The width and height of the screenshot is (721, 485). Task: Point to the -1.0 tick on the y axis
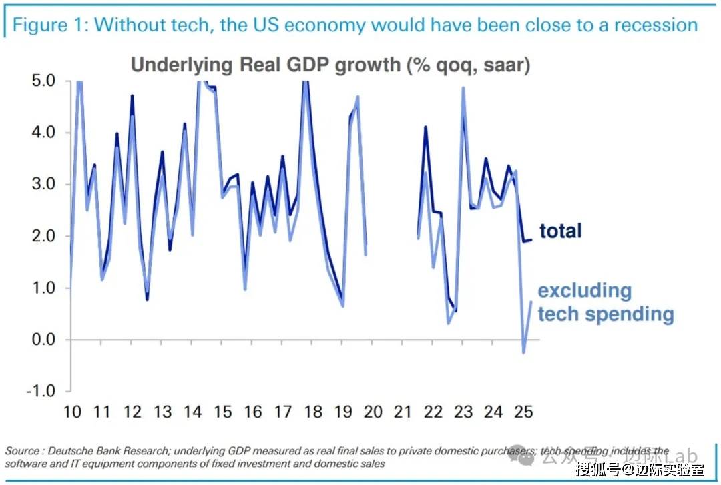(x=41, y=392)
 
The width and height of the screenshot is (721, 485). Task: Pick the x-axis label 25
(x=523, y=411)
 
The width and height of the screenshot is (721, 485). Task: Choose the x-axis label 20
(x=372, y=411)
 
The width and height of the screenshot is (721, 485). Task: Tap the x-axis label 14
(x=192, y=411)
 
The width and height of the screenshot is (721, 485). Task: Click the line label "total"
(x=561, y=231)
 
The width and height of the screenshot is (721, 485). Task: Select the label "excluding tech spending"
(x=606, y=302)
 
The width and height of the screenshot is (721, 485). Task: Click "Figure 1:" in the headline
(x=51, y=25)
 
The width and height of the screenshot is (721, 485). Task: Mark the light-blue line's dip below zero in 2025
(x=523, y=352)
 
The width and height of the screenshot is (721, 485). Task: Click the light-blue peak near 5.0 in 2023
(x=463, y=88)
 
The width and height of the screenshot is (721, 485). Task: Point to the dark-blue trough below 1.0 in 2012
(x=147, y=299)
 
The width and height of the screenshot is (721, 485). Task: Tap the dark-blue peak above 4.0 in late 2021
(x=425, y=127)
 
